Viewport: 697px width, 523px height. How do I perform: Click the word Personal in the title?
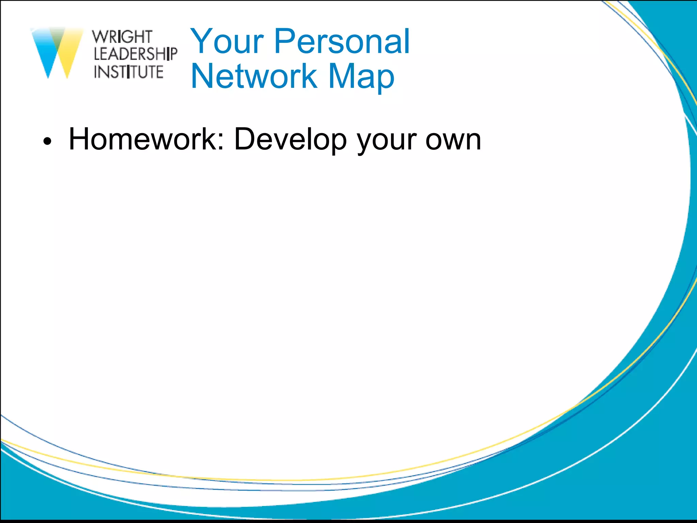342,42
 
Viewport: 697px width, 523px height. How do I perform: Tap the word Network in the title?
254,76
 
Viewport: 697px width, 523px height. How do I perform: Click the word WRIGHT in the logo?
122,37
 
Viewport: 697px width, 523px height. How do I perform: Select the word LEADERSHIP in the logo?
135,54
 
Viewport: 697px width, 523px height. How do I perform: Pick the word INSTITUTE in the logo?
129,72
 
